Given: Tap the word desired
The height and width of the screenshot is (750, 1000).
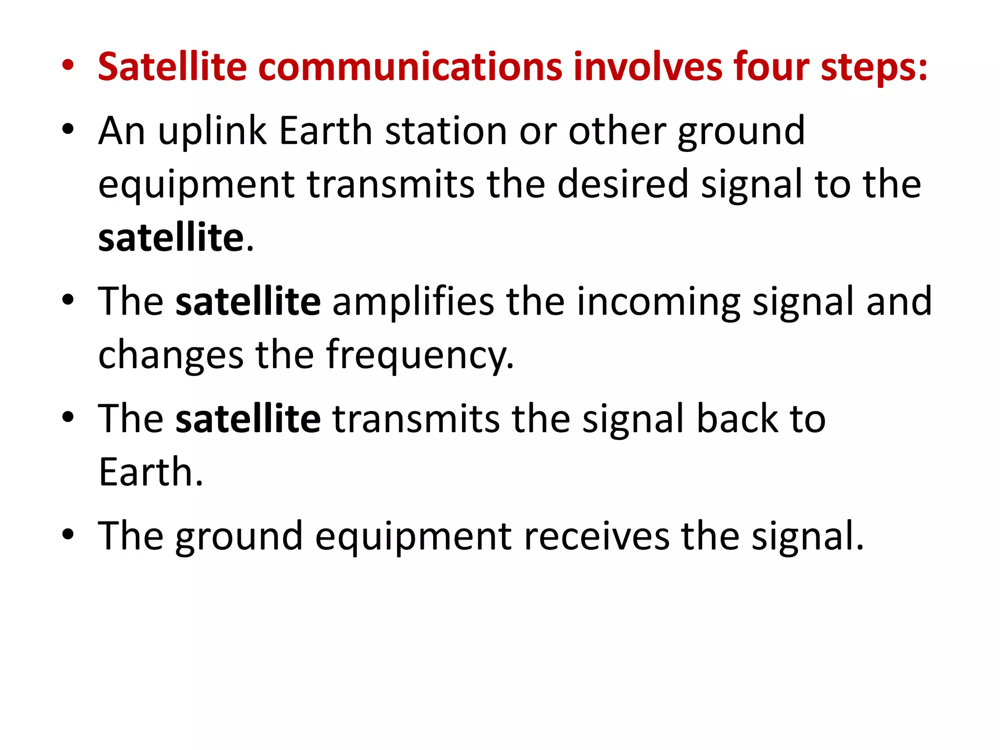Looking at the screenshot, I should point(623,184).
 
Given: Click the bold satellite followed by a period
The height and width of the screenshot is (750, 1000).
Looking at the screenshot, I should point(171,237).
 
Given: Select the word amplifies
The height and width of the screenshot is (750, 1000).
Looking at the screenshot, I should point(413,301).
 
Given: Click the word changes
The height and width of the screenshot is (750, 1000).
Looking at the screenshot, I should point(170,355).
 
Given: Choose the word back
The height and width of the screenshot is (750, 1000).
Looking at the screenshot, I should point(737,418).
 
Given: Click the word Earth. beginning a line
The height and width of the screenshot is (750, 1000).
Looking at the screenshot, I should point(150,472).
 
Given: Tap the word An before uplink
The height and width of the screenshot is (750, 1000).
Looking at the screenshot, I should point(122,131).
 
